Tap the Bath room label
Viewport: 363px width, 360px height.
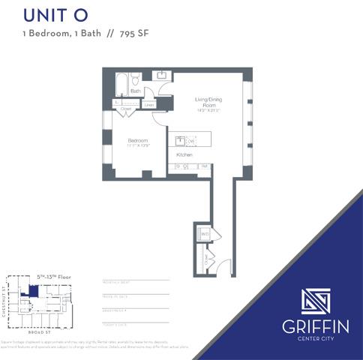click(x=135, y=91)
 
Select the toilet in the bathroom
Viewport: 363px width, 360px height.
click(x=135, y=79)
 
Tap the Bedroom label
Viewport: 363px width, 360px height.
click(x=136, y=140)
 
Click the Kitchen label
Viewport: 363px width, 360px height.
click(x=184, y=154)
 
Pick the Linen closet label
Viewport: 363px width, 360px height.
click(x=148, y=105)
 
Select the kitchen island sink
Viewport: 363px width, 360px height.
click(x=180, y=140)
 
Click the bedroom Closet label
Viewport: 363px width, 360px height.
click(x=126, y=109)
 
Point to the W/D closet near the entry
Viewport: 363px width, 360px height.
click(x=204, y=235)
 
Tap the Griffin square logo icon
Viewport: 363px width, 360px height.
click(x=314, y=303)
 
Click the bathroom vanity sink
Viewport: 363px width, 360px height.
click(x=161, y=75)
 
